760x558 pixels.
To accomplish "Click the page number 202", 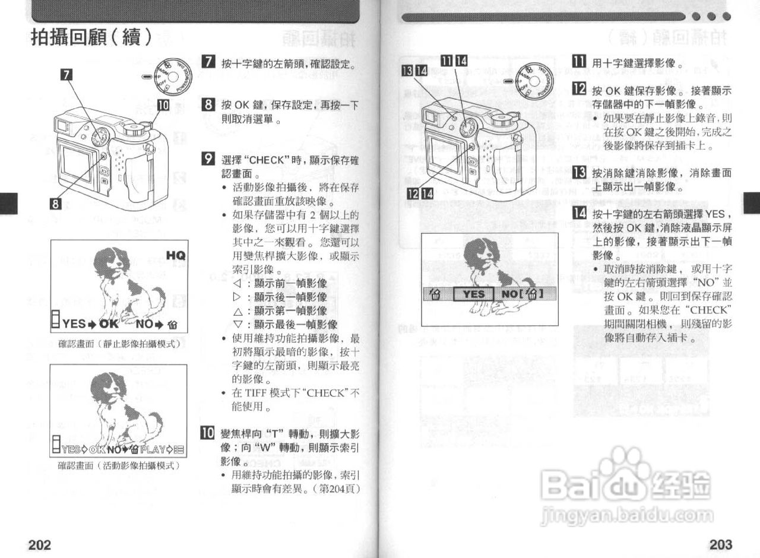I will coord(40,544).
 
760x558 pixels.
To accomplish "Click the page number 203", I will coord(721,544).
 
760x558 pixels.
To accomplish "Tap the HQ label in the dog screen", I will coord(176,255).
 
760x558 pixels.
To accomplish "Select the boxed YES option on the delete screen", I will coord(474,294).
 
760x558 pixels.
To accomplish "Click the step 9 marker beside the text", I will coord(208,158).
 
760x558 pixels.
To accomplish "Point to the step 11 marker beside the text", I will coord(578,62).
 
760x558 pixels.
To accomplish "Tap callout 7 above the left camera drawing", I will coord(67,74).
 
